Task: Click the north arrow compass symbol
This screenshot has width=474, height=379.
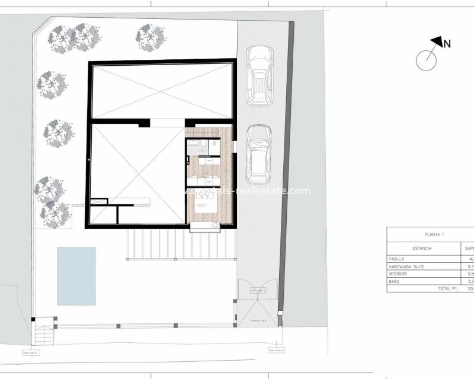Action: pos(427,60)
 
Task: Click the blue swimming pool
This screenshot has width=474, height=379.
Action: pos(76,276)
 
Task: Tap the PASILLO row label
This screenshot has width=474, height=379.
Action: pos(397,259)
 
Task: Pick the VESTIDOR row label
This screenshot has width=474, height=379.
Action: pos(398,274)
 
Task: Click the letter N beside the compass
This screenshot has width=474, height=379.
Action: pos(448,43)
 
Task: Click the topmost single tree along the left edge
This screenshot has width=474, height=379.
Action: pos(52,85)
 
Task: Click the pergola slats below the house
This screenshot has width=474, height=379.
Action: pos(181,245)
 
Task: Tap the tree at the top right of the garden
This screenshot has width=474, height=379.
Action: pos(149,37)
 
